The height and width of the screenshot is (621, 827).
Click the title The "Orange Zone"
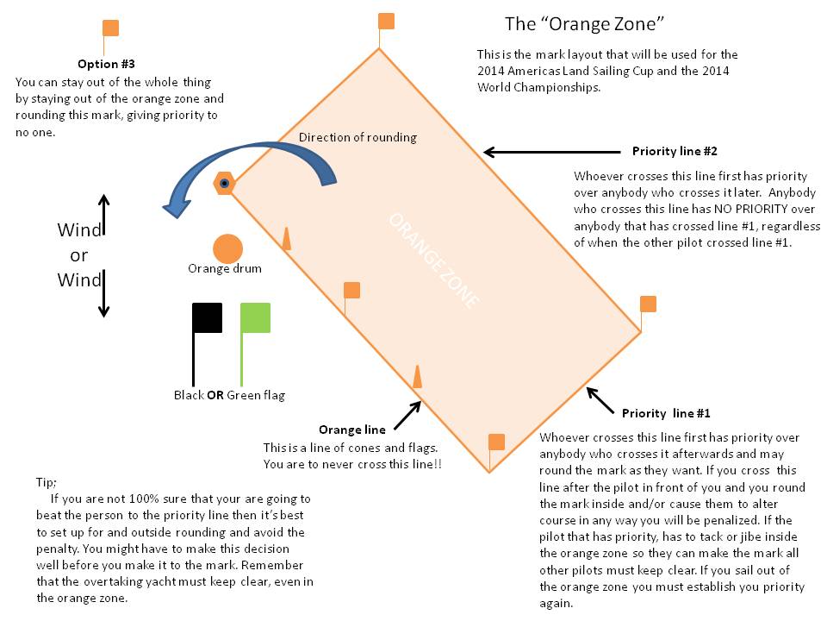click(x=584, y=22)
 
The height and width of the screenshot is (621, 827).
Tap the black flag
click(x=208, y=317)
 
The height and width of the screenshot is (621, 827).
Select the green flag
click(x=255, y=317)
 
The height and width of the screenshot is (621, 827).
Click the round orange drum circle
click(x=227, y=248)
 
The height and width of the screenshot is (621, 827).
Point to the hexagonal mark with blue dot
click(x=224, y=183)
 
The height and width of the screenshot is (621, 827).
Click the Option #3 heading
click(x=106, y=64)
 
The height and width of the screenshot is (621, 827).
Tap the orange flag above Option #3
click(x=110, y=28)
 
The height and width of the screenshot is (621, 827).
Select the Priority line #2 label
click(x=675, y=151)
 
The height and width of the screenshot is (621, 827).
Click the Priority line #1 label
click(x=666, y=413)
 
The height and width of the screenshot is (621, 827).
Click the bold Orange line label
click(x=351, y=430)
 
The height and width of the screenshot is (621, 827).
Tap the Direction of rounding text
click(x=358, y=137)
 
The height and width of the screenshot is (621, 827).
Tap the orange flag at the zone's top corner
click(x=387, y=22)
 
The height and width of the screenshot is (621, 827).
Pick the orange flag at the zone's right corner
click(x=648, y=304)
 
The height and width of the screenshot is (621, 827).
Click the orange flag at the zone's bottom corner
click(x=496, y=442)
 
